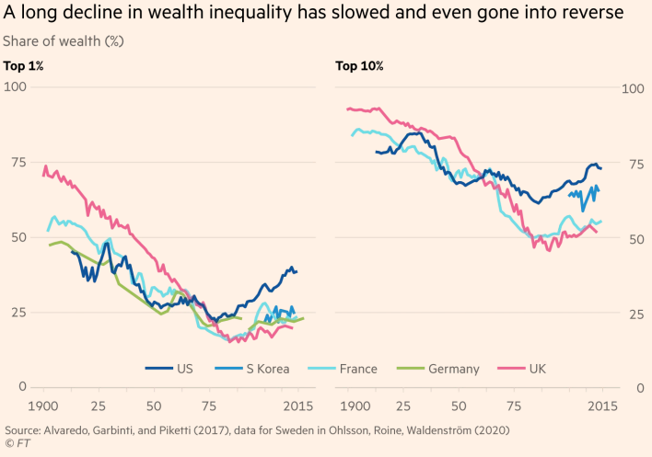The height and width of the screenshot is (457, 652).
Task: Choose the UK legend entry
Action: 536,369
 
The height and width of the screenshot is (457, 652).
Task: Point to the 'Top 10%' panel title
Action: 359,65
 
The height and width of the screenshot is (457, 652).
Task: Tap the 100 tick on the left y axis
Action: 16,87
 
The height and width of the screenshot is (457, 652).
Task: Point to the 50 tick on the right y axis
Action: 631,239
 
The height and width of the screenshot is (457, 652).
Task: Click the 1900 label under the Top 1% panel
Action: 42,406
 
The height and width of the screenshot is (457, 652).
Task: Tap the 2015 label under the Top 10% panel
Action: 602,406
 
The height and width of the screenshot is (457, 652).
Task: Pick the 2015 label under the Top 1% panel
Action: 296,406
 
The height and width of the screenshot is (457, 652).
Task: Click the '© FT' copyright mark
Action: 17,444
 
